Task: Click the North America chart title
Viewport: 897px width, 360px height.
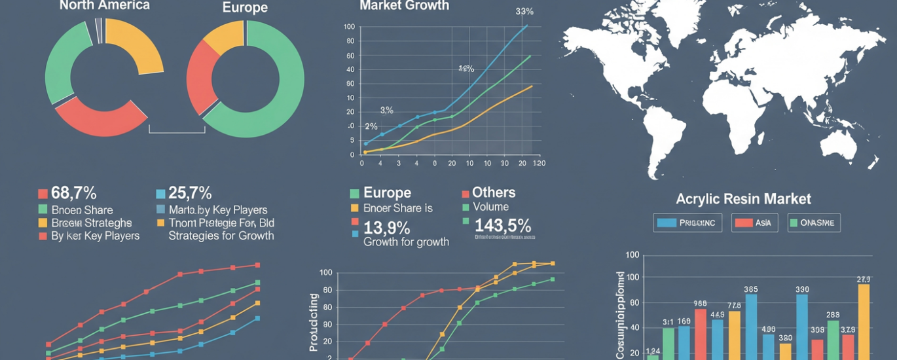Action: coord(104,5)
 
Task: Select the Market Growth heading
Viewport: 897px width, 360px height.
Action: coord(404,5)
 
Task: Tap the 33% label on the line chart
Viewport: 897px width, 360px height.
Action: coord(524,11)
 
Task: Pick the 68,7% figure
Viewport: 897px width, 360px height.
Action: coord(74,193)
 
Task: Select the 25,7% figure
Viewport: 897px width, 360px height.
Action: coord(190,193)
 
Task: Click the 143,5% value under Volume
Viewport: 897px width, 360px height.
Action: coord(502,226)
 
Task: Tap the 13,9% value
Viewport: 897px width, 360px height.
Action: coord(386,228)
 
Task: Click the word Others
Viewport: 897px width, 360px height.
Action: coord(493,192)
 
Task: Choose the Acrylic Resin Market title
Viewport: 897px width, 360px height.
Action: coord(743,199)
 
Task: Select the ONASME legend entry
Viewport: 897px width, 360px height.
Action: coord(814,223)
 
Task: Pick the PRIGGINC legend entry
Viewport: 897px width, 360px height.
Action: coord(688,223)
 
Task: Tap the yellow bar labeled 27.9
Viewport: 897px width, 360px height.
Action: coord(864,321)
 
